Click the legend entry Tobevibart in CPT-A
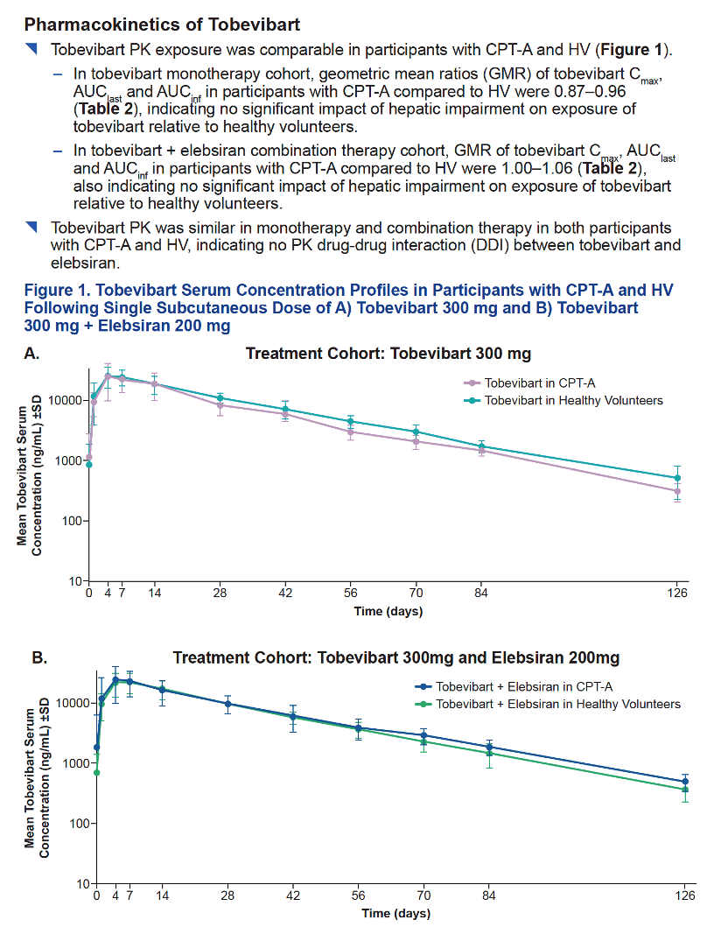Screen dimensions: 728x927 (540, 383)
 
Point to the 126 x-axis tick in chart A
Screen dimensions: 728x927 (678, 593)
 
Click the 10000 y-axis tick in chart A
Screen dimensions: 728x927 (65, 400)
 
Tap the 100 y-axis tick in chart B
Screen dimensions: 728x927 (79, 824)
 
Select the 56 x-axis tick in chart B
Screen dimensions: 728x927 (358, 895)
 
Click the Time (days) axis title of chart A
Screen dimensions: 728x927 (388, 611)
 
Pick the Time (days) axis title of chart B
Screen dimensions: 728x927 (395, 913)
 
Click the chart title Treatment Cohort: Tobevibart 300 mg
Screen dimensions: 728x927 (388, 354)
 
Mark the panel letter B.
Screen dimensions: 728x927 (39, 657)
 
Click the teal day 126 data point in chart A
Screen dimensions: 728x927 (678, 478)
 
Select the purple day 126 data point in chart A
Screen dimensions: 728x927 (678, 491)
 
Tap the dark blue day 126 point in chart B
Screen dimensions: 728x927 (685, 782)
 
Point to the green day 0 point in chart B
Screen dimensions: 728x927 (97, 773)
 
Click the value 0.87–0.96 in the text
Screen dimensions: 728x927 (590, 92)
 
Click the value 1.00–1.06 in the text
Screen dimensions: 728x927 (537, 168)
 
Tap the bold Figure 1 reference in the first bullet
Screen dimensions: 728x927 (631, 50)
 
